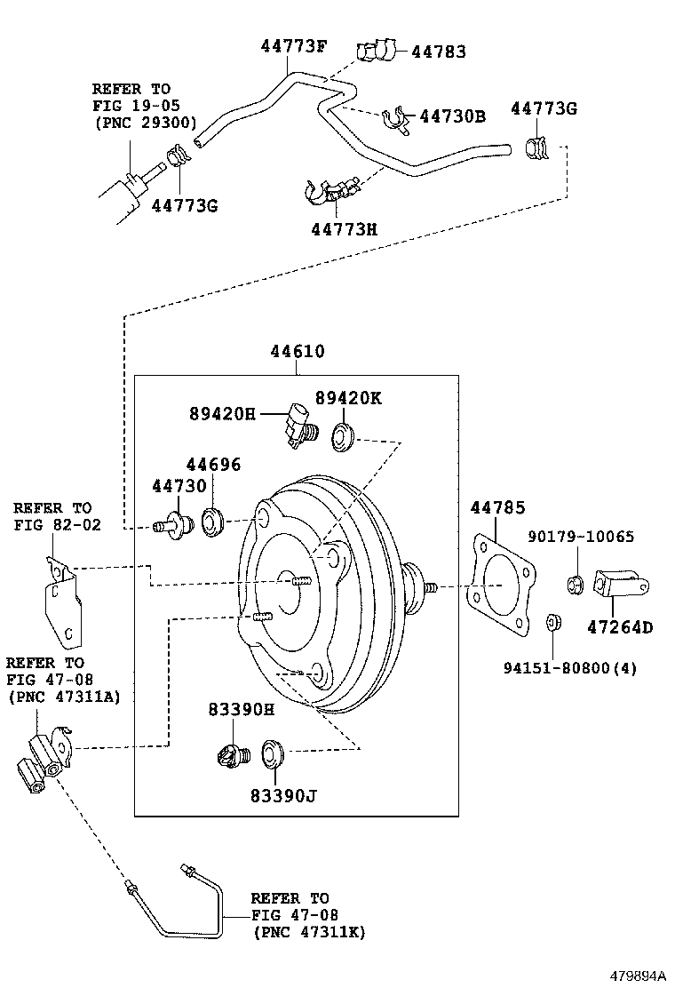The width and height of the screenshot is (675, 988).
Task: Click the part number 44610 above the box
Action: point(298,351)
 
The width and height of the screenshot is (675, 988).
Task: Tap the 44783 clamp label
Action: point(439,52)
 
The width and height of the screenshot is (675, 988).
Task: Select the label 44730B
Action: point(453,116)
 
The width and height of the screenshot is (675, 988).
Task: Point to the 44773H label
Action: point(345,228)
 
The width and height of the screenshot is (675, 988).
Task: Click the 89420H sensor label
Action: point(222,414)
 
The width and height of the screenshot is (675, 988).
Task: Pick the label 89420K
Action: point(348,398)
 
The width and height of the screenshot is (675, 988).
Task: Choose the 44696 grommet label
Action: point(213,465)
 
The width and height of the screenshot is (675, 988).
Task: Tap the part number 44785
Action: point(497,507)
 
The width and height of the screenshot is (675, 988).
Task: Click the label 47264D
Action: point(620,627)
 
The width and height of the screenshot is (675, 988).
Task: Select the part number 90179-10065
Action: point(581,537)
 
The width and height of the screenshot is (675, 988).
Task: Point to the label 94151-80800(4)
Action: point(570,667)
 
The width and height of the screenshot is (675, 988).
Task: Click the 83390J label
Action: point(283,796)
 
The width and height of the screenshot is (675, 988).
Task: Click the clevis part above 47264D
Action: point(621,585)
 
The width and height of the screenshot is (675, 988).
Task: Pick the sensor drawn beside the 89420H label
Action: point(300,426)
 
